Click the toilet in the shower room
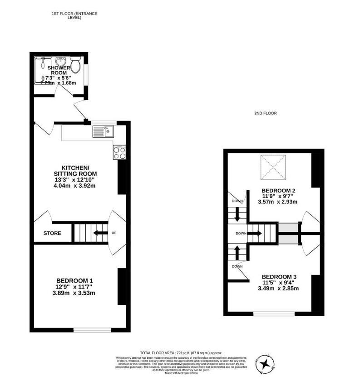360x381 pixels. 76,66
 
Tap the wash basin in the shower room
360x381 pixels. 60,61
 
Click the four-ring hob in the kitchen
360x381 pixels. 119,152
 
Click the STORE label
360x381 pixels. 52,234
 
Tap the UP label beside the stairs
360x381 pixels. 114,234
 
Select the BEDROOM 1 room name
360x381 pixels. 75,280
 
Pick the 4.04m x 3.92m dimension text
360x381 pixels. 75,186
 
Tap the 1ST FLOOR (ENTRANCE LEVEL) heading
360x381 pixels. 74,16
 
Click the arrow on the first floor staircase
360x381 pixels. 98,234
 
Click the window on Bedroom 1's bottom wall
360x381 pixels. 92,330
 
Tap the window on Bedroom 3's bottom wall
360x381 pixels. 274,313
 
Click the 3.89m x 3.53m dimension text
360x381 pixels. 75,293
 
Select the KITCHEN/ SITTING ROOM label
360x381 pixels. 75,171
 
